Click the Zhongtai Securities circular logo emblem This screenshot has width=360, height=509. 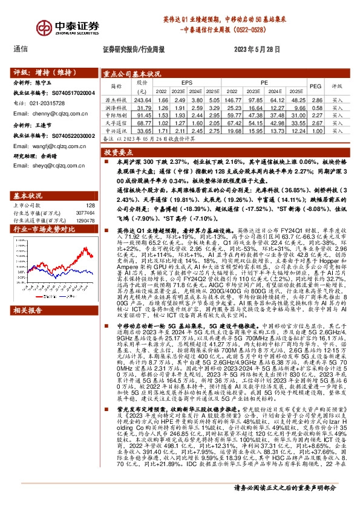pos(24,28)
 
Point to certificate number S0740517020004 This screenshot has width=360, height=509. pos(71,93)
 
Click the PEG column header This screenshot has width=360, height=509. pos(315,86)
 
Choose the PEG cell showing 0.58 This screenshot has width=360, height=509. pos(315,106)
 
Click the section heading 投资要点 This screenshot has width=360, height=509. pos(118,154)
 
